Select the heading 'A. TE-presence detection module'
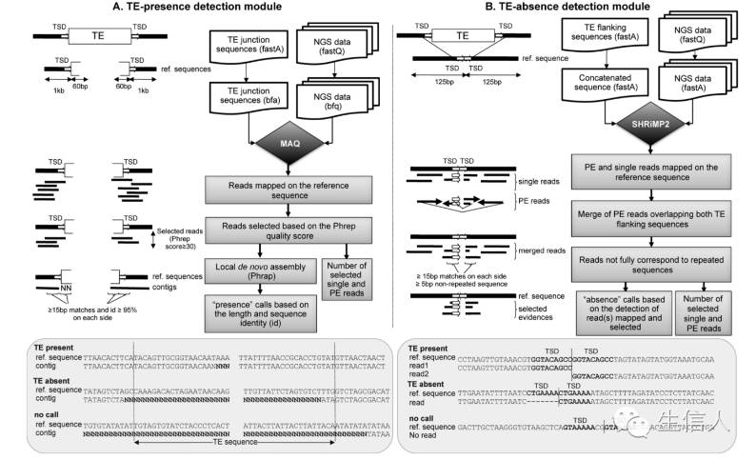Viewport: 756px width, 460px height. pos(197,9)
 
